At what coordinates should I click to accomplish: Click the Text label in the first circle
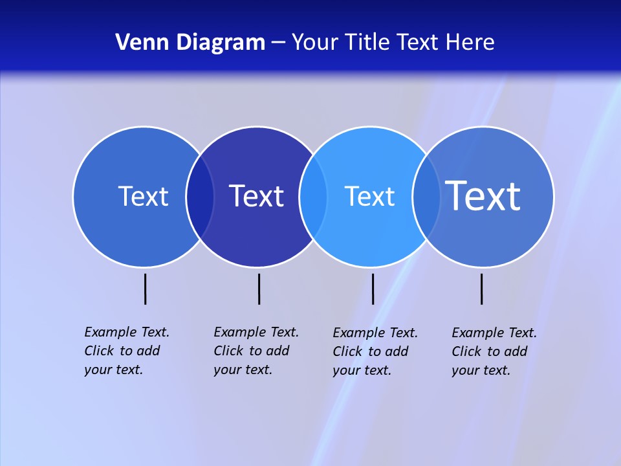click(143, 196)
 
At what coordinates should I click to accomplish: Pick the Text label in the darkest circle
click(257, 196)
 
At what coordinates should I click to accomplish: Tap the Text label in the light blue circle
click(369, 196)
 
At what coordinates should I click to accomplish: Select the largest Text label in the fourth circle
click(483, 195)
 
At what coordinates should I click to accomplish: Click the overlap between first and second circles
click(201, 197)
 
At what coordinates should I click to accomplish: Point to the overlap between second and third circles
click(313, 197)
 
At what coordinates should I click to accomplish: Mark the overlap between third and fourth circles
click(426, 197)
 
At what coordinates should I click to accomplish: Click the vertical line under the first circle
click(146, 289)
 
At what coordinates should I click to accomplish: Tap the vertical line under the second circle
click(259, 289)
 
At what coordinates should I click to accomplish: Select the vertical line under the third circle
click(373, 289)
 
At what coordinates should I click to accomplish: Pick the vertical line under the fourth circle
click(481, 289)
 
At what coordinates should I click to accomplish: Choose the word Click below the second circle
click(228, 351)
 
